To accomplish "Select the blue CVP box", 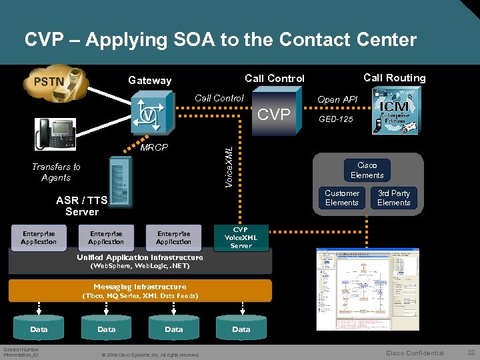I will pyautogui.click(x=274, y=115).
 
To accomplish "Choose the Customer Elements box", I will pyautogui.click(x=341, y=198).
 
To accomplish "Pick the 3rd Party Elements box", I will pyautogui.click(x=393, y=198).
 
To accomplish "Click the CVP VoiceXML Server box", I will pyautogui.click(x=241, y=238).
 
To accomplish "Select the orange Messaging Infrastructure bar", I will pyautogui.click(x=140, y=291).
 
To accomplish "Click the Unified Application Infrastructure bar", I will pyautogui.click(x=140, y=261).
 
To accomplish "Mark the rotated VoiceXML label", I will pyautogui.click(x=229, y=157).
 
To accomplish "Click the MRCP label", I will pyautogui.click(x=154, y=147).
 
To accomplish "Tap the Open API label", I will pyautogui.click(x=337, y=99).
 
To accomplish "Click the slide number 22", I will pyautogui.click(x=471, y=352).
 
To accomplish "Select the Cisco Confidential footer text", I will pyautogui.click(x=415, y=353).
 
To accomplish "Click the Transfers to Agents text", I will pyautogui.click(x=56, y=172).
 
